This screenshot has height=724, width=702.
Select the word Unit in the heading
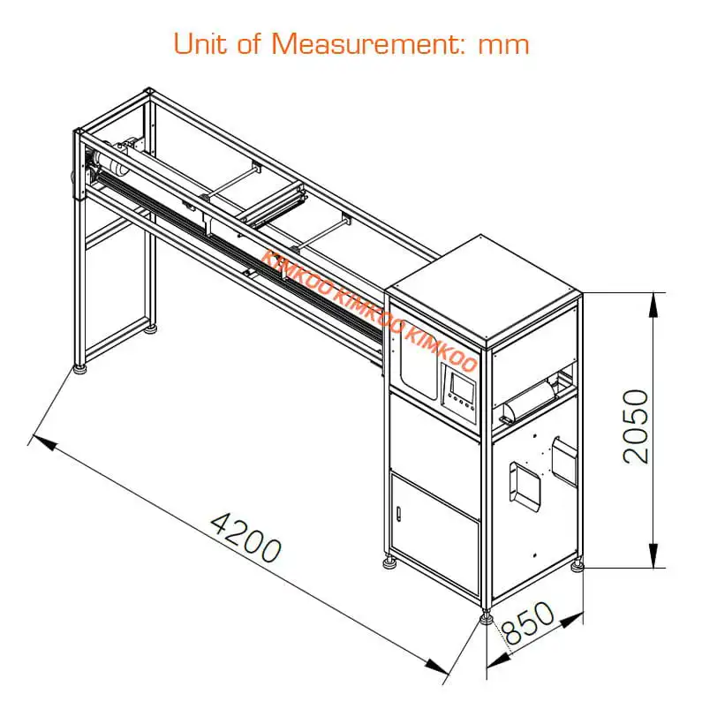click(x=200, y=43)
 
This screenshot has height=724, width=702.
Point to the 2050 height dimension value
click(x=636, y=426)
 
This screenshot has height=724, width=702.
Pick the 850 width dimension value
click(x=528, y=622)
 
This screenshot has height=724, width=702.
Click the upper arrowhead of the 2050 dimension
click(x=653, y=305)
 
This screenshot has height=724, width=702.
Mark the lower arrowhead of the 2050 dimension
click(x=653, y=555)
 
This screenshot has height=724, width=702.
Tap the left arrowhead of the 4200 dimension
click(x=45, y=441)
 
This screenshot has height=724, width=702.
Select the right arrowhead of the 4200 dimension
click(x=436, y=667)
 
